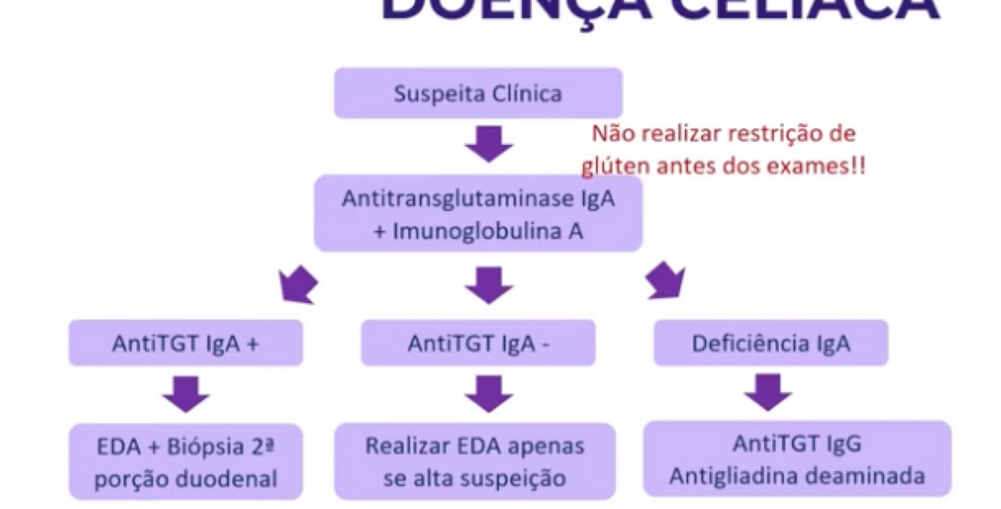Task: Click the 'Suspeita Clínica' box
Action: (478, 94)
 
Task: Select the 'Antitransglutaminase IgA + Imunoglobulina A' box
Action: (478, 214)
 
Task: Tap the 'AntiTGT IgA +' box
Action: (185, 343)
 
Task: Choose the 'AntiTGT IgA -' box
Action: (478, 343)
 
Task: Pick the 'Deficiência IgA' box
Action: (771, 343)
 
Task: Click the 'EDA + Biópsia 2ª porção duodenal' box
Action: (185, 462)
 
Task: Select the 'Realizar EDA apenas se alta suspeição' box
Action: (474, 462)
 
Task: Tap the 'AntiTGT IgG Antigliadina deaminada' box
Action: (797, 459)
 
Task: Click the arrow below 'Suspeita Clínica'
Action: (488, 144)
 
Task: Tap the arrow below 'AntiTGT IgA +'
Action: (185, 393)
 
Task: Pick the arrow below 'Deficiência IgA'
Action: (768, 392)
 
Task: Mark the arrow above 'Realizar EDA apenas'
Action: (488, 393)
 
